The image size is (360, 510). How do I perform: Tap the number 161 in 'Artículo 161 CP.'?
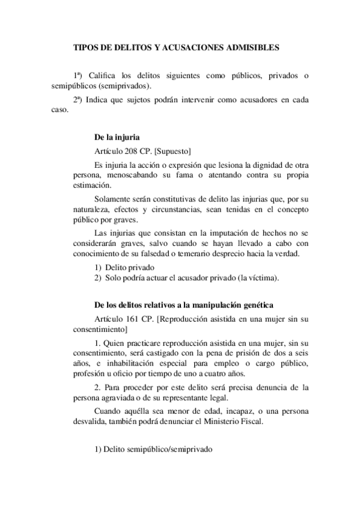(132, 318)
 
